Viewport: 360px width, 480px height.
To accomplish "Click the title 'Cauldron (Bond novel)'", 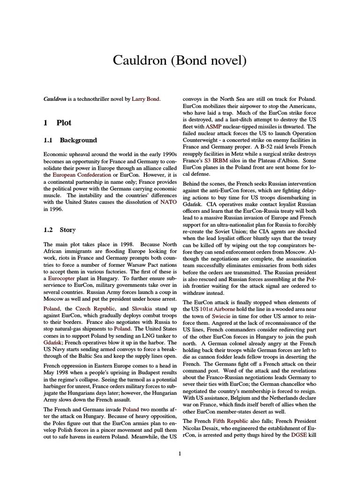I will coord(180,60).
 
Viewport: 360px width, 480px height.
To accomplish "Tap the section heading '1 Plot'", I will coord(57,123).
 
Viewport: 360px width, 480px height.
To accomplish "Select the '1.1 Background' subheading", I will coord(70,140).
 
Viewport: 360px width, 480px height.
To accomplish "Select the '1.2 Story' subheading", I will coord(60,230).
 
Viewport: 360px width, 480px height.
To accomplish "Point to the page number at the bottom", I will coord(180,453).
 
